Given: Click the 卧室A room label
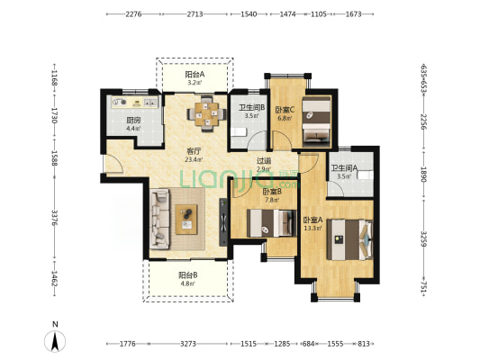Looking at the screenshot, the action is [312, 220].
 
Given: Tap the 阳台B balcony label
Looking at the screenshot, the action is [188, 275].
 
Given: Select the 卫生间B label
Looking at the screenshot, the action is [251, 108].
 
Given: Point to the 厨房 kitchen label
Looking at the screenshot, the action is [133, 121].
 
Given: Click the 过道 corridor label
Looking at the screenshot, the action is [264, 160].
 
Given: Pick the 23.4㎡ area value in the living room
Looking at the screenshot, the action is [194, 159].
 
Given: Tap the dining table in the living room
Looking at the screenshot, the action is [207, 113].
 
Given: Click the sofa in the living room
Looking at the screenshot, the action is [159, 219].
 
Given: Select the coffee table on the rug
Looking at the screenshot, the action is [186, 220].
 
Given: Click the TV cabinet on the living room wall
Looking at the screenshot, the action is [223, 222].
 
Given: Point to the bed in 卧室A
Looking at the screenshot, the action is [350, 239].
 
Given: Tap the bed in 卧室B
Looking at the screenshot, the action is [272, 223].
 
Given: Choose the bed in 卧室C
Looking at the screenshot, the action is [316, 121].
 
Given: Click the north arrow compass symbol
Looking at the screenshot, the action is [55, 341].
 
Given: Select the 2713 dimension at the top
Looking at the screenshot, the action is [195, 14].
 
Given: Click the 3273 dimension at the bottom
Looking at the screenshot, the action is [188, 344].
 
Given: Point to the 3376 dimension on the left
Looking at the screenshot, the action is [55, 218].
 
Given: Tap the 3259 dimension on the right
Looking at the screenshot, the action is [423, 238].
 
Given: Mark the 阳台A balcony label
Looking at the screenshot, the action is [195, 75].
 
